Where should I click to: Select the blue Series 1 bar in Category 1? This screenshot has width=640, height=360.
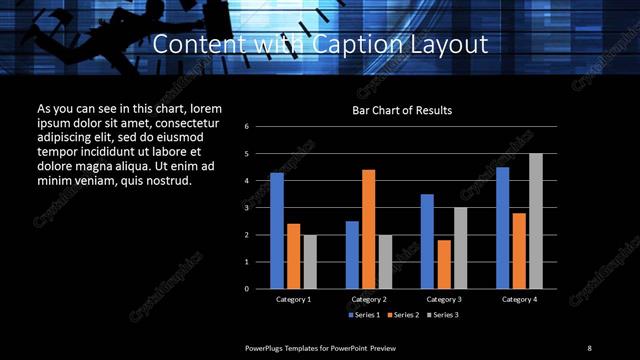[277, 230]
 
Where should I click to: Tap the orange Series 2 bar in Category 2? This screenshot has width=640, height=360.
[368, 228]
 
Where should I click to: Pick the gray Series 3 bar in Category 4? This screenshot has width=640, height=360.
[536, 220]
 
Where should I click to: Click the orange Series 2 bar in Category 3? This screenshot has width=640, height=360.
[444, 264]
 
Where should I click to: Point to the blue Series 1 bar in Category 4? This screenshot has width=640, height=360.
[503, 227]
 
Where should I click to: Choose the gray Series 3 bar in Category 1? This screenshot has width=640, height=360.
[310, 261]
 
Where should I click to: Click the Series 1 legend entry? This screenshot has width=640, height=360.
[364, 315]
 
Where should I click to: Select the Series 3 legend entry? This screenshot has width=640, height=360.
[443, 315]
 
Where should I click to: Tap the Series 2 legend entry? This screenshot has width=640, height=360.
[404, 315]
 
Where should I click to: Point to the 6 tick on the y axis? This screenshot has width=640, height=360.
[247, 127]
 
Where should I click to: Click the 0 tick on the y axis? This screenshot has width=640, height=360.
[247, 288]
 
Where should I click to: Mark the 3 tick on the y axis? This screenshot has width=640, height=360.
[247, 208]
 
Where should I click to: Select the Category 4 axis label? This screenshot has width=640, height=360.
[519, 299]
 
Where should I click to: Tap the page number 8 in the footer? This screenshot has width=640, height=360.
[589, 347]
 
